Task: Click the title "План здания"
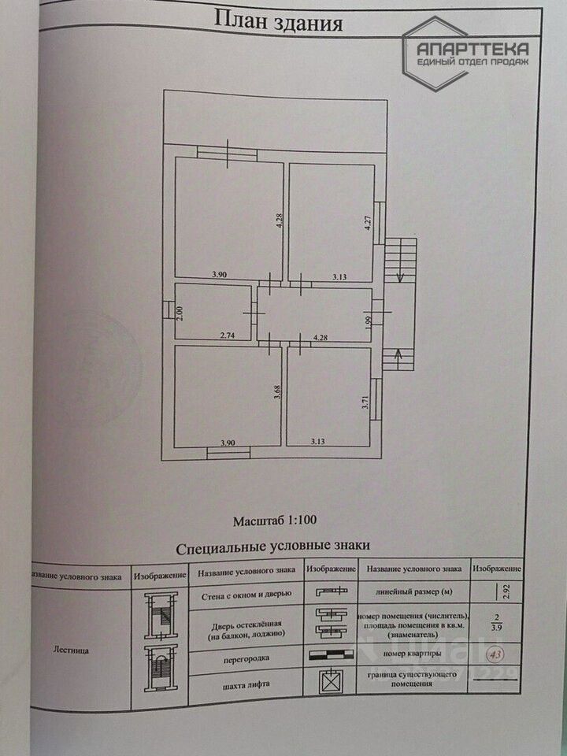point(279,22)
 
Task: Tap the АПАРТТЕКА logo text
point(473,48)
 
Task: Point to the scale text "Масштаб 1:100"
point(275,520)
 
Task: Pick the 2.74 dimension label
point(228,335)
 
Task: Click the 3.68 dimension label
point(277,392)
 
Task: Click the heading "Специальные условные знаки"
point(273,545)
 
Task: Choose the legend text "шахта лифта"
point(246,684)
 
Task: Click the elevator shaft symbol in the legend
point(330,682)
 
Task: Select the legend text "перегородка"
point(246,655)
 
